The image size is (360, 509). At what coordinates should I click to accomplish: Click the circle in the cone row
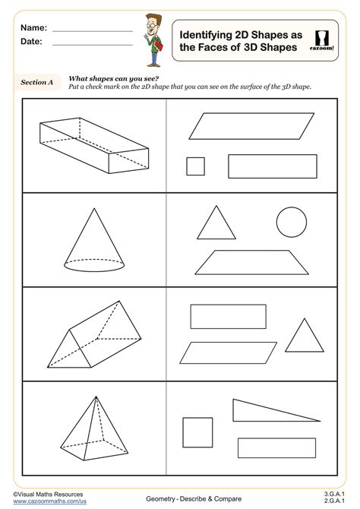coord(292,223)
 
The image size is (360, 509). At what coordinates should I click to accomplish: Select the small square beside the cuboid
coord(195,166)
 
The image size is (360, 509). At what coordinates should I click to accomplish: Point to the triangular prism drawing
coord(95,335)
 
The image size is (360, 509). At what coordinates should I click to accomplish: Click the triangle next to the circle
coord(215,223)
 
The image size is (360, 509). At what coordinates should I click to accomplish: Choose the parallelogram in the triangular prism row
coord(229,353)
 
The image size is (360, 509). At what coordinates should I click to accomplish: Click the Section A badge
coord(37,82)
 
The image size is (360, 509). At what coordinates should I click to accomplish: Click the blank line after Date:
coord(92,43)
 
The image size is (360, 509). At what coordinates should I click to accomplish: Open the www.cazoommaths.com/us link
coord(49,501)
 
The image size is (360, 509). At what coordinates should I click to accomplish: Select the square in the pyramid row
coord(198,432)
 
